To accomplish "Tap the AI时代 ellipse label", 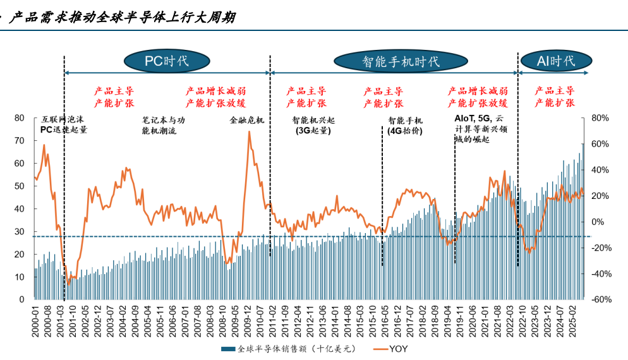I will (x=556, y=61).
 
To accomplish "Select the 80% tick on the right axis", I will (x=600, y=117).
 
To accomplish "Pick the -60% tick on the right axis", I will (x=600, y=299).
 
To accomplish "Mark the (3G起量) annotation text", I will (x=313, y=131).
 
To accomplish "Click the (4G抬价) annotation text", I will (x=405, y=131).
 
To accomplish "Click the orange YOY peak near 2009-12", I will (x=249, y=132).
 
